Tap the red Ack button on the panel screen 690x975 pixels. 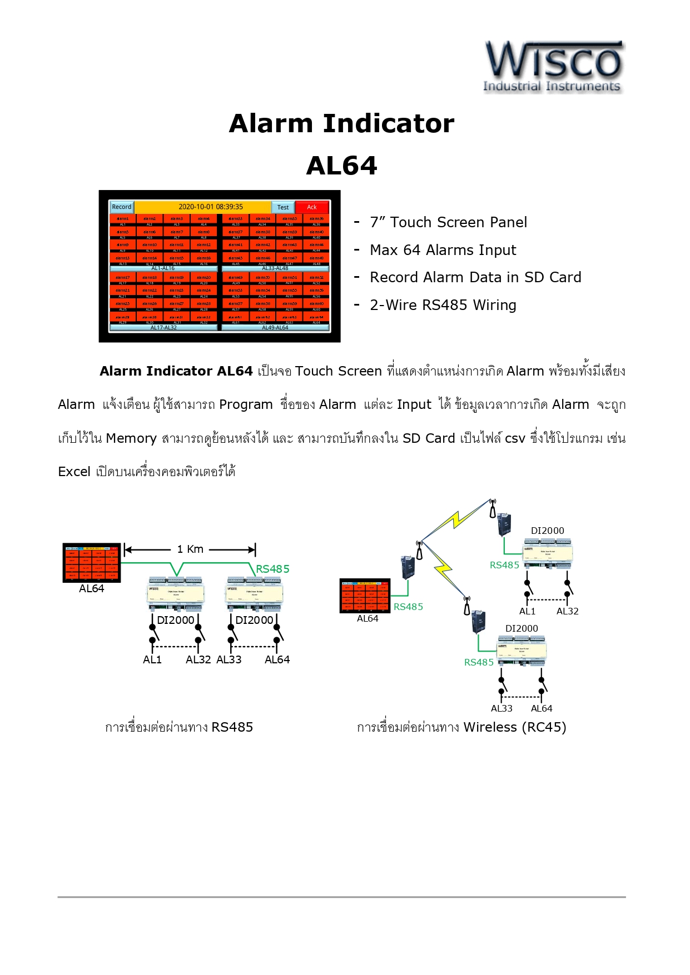(x=312, y=207)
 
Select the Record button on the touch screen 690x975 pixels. (x=122, y=207)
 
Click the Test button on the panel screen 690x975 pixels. (x=283, y=207)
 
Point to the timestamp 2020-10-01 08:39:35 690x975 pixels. (x=211, y=207)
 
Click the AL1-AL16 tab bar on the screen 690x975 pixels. (x=163, y=268)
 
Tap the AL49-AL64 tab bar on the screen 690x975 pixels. (x=275, y=328)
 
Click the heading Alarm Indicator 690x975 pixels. (x=341, y=123)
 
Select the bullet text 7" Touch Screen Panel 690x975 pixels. (x=448, y=222)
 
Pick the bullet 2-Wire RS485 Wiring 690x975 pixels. (x=443, y=305)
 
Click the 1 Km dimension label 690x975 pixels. (x=190, y=549)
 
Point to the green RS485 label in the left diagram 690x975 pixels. (x=272, y=569)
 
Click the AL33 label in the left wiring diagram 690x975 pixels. (x=229, y=659)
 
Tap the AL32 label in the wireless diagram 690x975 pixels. (x=568, y=611)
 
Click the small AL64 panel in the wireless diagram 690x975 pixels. (x=365, y=596)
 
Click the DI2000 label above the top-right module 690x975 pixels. (x=547, y=531)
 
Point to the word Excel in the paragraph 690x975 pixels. (x=74, y=472)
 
